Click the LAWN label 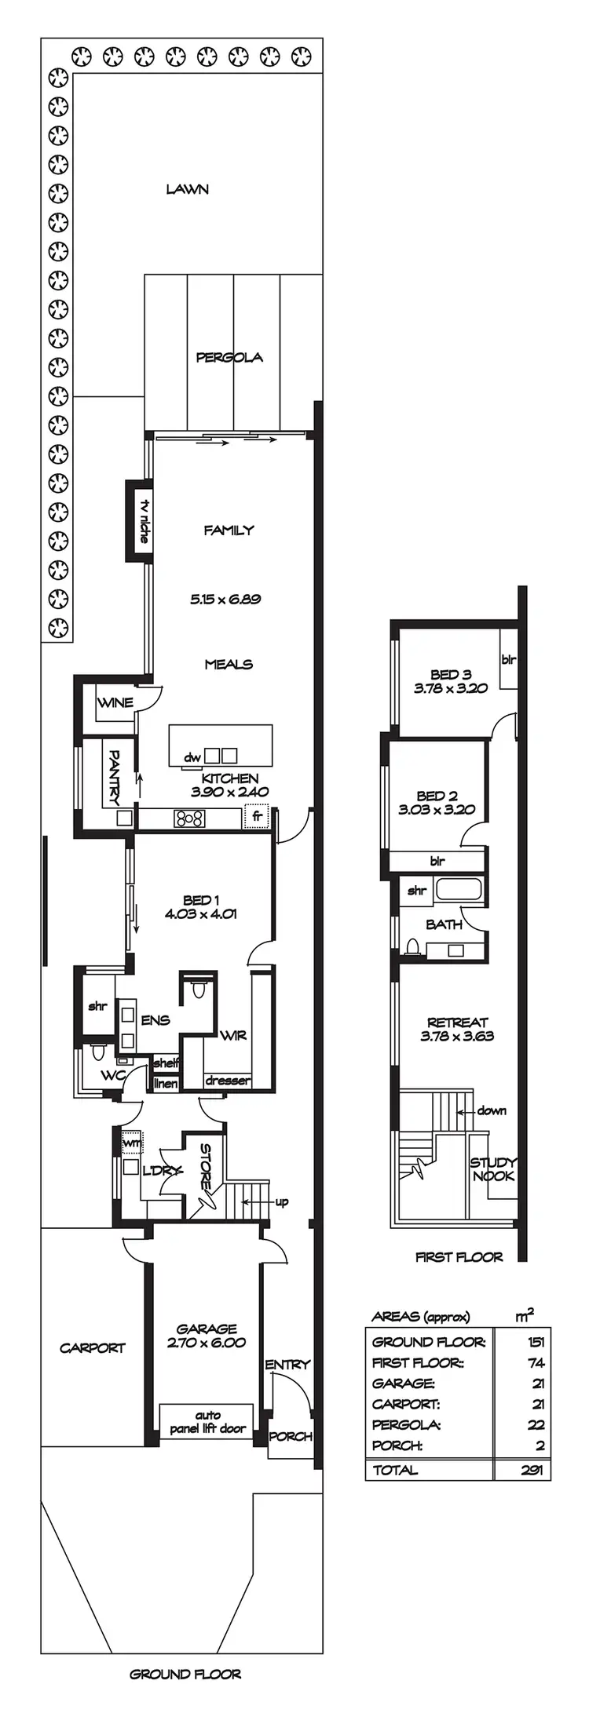187,189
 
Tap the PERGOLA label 229,358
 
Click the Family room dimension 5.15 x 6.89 225,600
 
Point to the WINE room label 115,702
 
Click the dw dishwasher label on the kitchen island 192,757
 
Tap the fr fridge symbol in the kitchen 256,816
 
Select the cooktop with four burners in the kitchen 189,819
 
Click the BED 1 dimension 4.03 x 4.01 201,913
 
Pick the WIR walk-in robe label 233,1036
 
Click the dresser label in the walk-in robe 228,1081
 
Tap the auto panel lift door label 207,1424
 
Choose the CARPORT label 93,1348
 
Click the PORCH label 291,1436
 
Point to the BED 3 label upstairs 451,674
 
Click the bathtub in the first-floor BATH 460,890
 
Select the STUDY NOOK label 493,1169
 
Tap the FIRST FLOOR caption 459,1257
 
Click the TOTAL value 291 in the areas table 532,1471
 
